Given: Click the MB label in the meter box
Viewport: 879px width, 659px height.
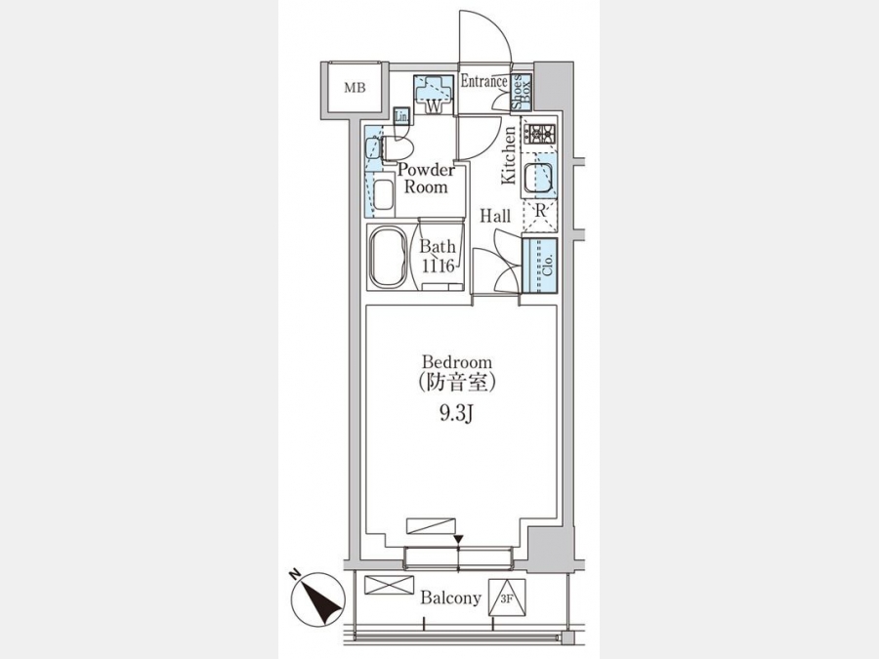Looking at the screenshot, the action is (x=355, y=88).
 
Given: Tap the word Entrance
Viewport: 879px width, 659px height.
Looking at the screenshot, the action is (x=483, y=81).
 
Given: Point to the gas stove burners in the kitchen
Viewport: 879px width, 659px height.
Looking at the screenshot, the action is (x=539, y=134).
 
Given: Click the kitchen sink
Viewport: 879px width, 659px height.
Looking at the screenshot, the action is (x=538, y=179).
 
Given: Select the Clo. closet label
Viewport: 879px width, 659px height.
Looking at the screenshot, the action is (x=548, y=265).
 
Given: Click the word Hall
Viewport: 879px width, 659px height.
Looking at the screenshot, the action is (x=495, y=216).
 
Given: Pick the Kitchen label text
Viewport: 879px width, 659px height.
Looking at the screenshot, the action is (x=508, y=155).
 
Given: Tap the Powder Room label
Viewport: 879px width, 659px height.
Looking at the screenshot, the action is (x=426, y=179).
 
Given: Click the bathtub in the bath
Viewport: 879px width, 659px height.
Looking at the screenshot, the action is (x=386, y=257).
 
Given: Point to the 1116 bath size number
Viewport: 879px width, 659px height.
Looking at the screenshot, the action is (x=438, y=265).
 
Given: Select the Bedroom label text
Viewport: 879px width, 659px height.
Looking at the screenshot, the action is (x=457, y=362).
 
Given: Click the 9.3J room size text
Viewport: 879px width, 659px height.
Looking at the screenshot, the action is (x=457, y=414).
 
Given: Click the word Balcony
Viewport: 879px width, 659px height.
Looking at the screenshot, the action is (x=450, y=597).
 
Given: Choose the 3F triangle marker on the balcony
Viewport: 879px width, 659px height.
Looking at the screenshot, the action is (x=507, y=597).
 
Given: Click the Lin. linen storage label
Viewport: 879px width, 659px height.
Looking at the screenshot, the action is (x=402, y=116).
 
